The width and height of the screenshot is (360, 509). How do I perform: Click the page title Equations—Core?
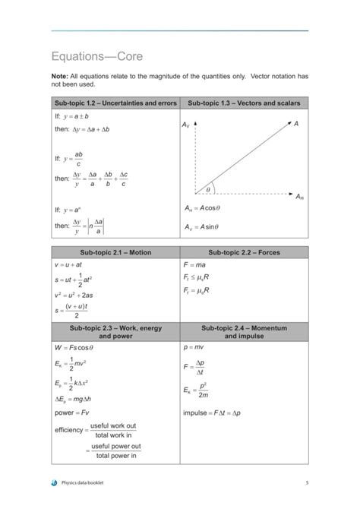96,57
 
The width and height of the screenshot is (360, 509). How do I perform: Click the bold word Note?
61,77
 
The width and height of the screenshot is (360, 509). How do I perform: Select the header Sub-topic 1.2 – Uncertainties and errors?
115,103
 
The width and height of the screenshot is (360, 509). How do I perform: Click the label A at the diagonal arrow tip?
296,122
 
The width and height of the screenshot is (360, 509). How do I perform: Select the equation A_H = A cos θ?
202,208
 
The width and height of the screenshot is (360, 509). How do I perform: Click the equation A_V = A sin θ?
201,226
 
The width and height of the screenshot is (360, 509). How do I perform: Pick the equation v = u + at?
68,265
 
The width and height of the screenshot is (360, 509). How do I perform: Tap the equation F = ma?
195,265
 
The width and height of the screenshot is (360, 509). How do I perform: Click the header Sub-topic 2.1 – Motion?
115,252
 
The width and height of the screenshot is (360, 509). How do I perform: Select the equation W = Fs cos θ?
74,346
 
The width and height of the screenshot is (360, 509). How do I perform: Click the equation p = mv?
195,346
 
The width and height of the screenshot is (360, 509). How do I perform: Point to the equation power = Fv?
72,413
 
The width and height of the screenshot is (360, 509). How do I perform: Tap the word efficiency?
68,431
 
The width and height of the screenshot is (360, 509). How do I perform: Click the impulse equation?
212,413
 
